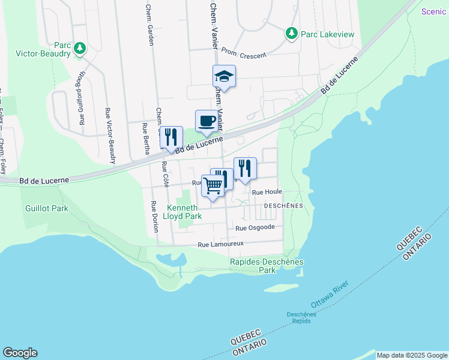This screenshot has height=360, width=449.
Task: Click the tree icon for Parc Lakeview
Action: pos(292,34)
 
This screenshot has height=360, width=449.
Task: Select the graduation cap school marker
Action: pos(224,76)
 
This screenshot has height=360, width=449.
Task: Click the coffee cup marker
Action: pos(206,121)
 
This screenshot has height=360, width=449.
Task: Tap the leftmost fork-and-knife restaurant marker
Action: pos(171,137)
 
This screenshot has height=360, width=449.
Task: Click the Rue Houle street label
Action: pos(267,192)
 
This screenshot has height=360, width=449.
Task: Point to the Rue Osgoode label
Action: pos(255,227)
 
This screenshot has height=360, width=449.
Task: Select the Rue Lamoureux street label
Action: pos(221,244)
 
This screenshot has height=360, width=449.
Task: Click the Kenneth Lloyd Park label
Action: pos(184,211)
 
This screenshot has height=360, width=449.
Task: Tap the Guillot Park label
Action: pos(47,208)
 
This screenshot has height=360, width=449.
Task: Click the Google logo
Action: pos(20,353)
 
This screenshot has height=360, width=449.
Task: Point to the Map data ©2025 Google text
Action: pos(411,355)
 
